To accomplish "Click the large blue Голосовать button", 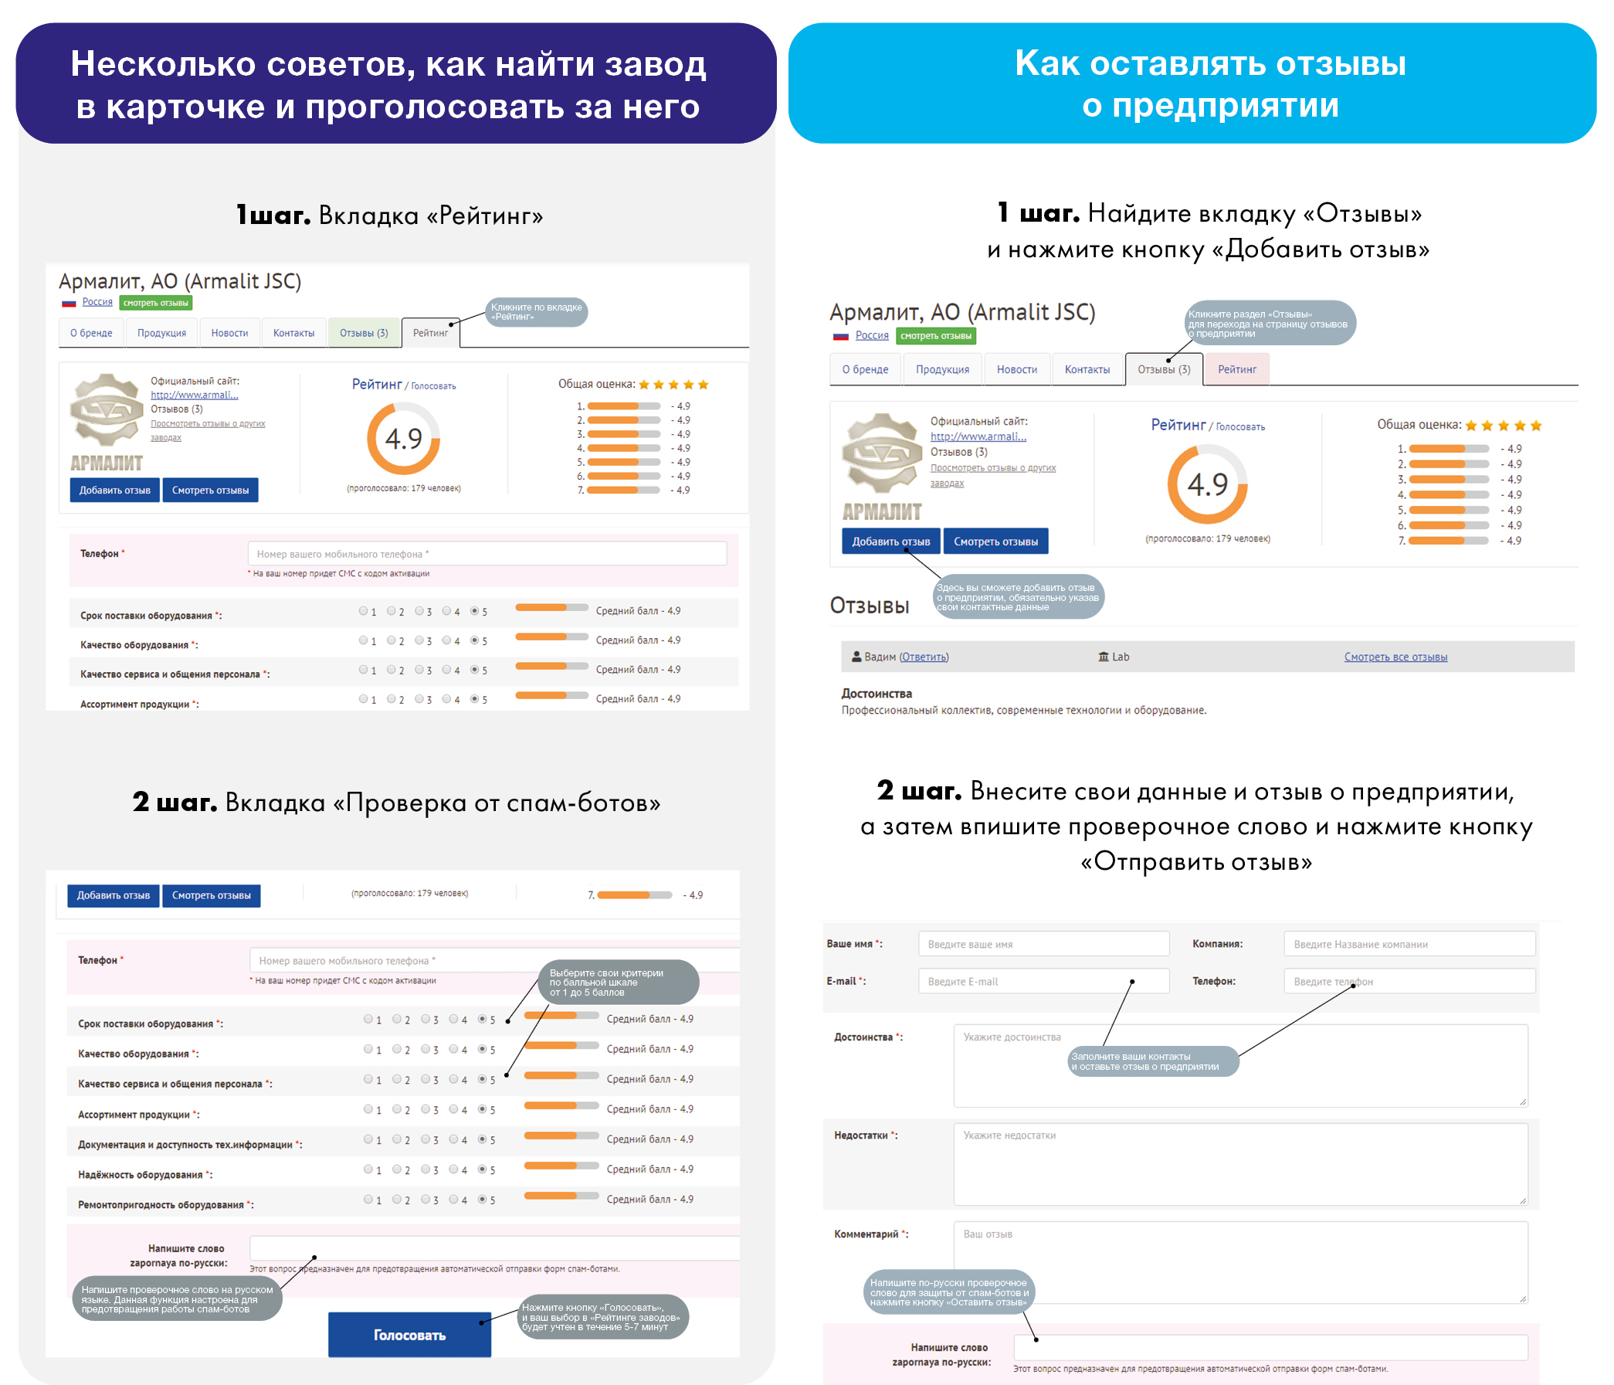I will pyautogui.click(x=409, y=1334).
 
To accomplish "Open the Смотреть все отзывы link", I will pyautogui.click(x=1395, y=657).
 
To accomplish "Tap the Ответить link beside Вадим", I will pyautogui.click(x=924, y=657).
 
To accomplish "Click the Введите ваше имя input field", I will pyautogui.click(x=1043, y=943).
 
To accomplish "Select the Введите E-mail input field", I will pyautogui.click(x=1043, y=981).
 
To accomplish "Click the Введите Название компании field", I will pyautogui.click(x=1409, y=943).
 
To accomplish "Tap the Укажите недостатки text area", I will pyautogui.click(x=1239, y=1164).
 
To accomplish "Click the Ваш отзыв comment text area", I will pyautogui.click(x=1239, y=1262).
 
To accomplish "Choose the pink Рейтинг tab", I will pyautogui.click(x=1236, y=369).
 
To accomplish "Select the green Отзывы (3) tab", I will pyautogui.click(x=364, y=333).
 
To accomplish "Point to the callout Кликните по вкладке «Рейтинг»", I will pyautogui.click(x=536, y=311).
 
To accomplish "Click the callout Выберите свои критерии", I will pyautogui.click(x=618, y=983).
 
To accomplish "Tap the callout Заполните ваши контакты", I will pyautogui.click(x=1152, y=1061).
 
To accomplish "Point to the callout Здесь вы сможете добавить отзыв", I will pyautogui.click(x=1017, y=596).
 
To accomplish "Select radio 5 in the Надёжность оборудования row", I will pyautogui.click(x=483, y=1169).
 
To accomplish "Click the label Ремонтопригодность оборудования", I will pyautogui.click(x=161, y=1204).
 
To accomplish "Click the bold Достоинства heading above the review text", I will pyautogui.click(x=876, y=692).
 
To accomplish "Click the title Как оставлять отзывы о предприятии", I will pyautogui.click(x=1209, y=83).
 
